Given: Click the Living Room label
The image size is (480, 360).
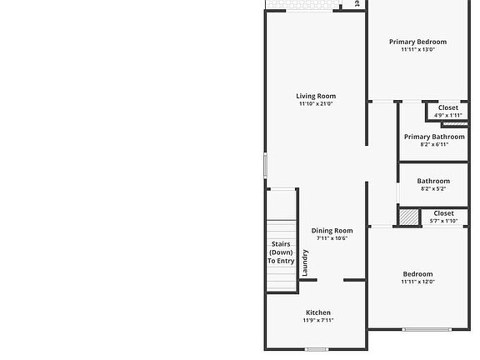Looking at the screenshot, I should [316, 96].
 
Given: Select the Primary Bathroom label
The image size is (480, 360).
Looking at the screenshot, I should [434, 137].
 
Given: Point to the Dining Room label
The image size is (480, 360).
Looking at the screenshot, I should [332, 231].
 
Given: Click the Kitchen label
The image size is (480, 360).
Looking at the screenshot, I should [318, 312].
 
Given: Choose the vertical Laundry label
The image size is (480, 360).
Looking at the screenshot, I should [305, 262].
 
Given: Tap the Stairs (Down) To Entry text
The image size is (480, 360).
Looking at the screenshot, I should [281, 252].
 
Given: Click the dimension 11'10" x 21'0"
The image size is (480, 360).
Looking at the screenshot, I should [316, 104].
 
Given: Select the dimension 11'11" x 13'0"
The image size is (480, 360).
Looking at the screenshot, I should [417, 50].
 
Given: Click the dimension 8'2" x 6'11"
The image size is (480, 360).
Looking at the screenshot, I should [434, 145].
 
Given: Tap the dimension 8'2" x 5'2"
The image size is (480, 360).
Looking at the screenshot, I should [433, 189].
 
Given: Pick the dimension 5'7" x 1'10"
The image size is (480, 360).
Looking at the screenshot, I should [443, 221].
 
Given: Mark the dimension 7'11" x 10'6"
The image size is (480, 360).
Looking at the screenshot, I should [332, 238].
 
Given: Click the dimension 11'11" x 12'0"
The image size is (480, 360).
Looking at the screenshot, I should [417, 282].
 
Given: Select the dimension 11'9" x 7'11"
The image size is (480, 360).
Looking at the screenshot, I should [318, 320].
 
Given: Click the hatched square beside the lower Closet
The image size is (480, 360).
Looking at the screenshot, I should [407, 217].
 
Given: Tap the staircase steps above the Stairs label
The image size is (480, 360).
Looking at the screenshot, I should [282, 229].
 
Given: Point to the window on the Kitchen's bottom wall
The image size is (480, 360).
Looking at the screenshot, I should [316, 349].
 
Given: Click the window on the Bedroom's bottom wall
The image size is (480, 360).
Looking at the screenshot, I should [428, 329].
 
